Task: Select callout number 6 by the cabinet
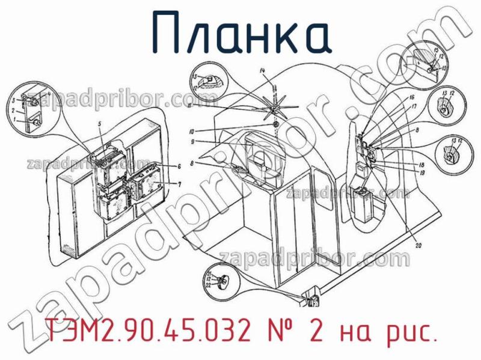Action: (179, 166)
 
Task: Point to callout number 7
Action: (179, 183)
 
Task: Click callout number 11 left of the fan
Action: (189, 106)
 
